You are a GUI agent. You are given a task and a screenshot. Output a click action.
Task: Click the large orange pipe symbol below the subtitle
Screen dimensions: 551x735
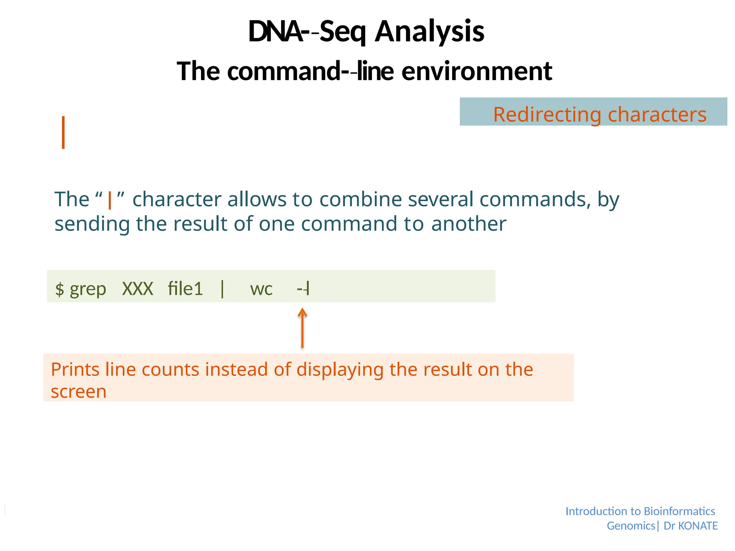(63, 132)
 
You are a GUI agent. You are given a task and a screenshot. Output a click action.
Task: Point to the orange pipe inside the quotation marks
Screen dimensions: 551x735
(110, 200)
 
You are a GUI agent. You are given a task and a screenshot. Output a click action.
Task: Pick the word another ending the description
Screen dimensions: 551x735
(468, 224)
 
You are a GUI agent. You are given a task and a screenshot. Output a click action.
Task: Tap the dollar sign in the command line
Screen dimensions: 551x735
(60, 289)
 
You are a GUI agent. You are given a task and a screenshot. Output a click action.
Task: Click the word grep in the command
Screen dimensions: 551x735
(88, 289)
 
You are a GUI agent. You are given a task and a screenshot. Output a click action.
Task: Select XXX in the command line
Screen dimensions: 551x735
(137, 289)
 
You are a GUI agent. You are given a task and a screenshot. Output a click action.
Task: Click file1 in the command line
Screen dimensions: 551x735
(185, 289)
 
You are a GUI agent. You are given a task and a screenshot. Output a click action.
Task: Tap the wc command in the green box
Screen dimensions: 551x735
(261, 289)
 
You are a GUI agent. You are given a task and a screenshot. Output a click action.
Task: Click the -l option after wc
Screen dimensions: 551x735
(304, 289)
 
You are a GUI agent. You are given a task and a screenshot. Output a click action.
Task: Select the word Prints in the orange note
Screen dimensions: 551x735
(75, 369)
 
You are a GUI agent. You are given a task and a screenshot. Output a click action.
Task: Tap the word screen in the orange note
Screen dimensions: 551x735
(79, 391)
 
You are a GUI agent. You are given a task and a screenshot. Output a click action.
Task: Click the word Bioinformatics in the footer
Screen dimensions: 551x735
(679, 511)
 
